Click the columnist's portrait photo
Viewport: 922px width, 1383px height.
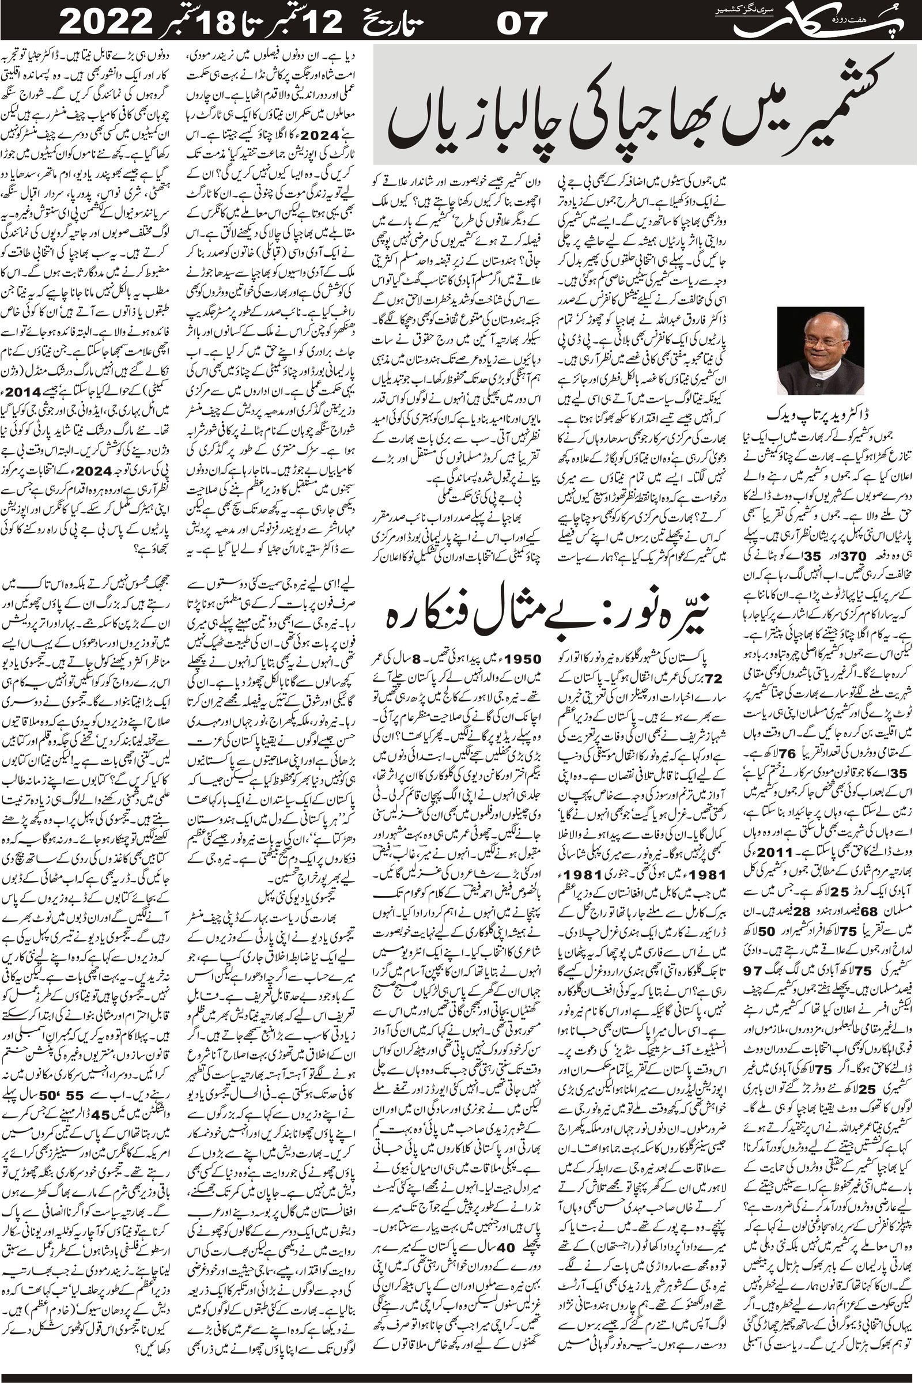click(x=820, y=350)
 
